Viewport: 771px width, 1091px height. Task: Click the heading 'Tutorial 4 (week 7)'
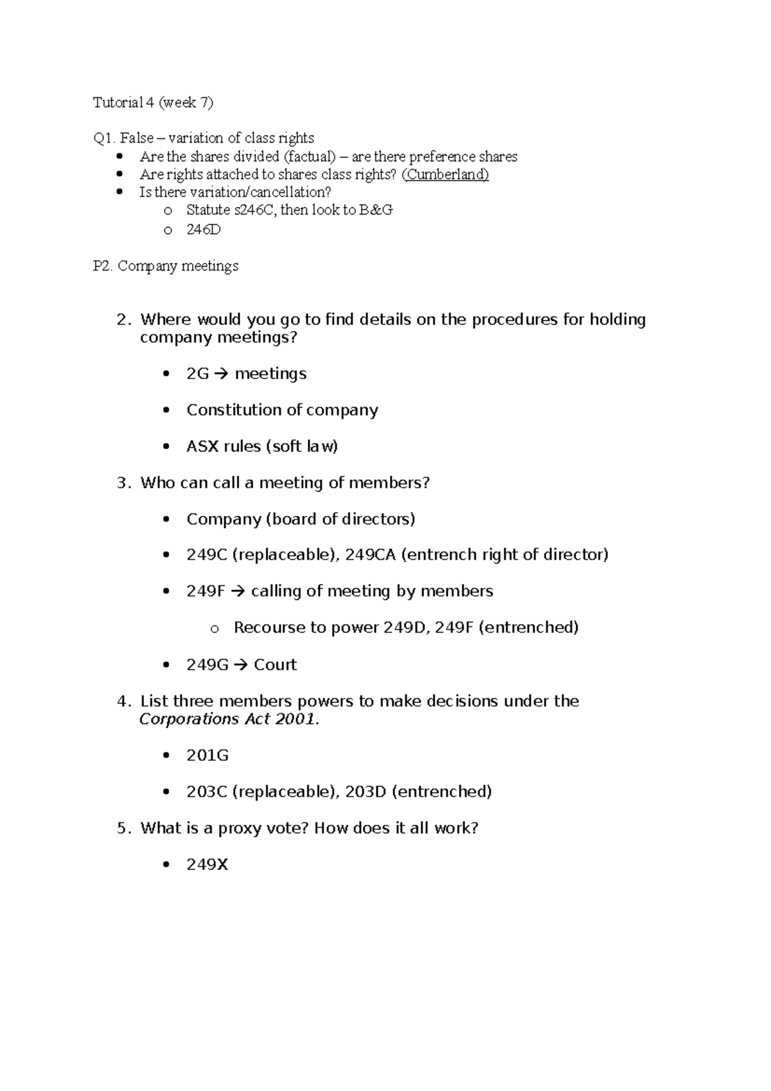[x=153, y=102]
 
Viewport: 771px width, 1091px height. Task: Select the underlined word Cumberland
[x=445, y=174]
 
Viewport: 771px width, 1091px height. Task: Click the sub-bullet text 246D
[x=203, y=229]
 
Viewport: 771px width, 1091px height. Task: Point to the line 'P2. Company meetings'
[x=166, y=266]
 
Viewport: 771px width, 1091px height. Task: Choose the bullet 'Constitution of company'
[x=282, y=410]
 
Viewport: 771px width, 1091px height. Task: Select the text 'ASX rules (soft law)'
[x=261, y=447]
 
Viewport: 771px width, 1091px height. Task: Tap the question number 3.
[x=123, y=483]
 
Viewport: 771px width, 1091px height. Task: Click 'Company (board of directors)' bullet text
[x=301, y=519]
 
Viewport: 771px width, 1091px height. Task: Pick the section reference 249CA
[x=370, y=554]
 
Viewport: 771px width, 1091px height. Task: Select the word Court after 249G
[x=275, y=664]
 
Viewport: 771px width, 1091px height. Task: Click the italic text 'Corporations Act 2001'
[x=227, y=719]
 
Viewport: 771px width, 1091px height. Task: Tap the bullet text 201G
[x=208, y=756]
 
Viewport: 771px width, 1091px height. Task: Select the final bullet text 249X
[x=208, y=865]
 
